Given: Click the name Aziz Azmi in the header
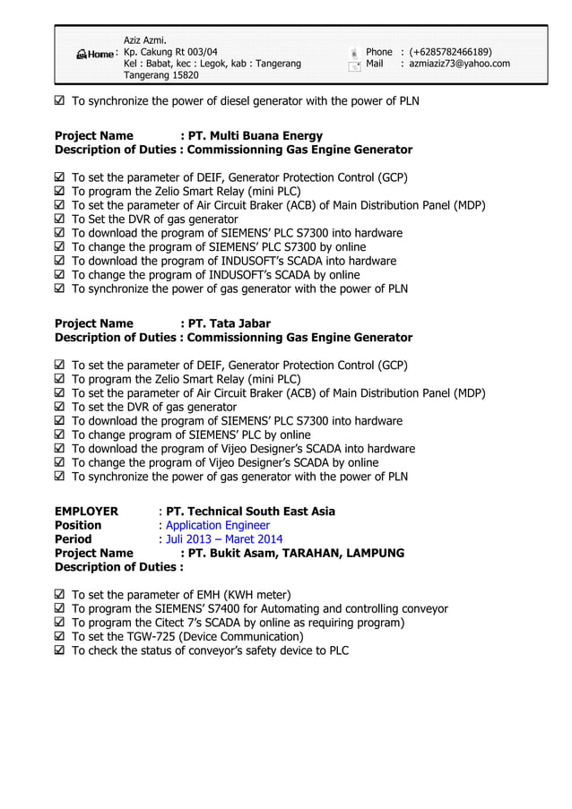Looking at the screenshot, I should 145,39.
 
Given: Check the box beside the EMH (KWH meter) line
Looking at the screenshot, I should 60,595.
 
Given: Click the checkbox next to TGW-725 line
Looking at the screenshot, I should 60,637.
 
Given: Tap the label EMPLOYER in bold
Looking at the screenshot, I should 86,512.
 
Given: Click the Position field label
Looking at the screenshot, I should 78,525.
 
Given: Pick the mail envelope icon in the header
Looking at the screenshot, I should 354,65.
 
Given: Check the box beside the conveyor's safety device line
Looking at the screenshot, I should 60,650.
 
